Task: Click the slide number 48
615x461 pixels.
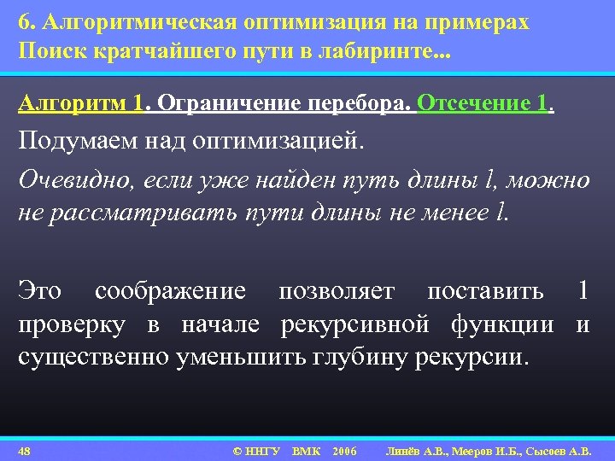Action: [x=25, y=450]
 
